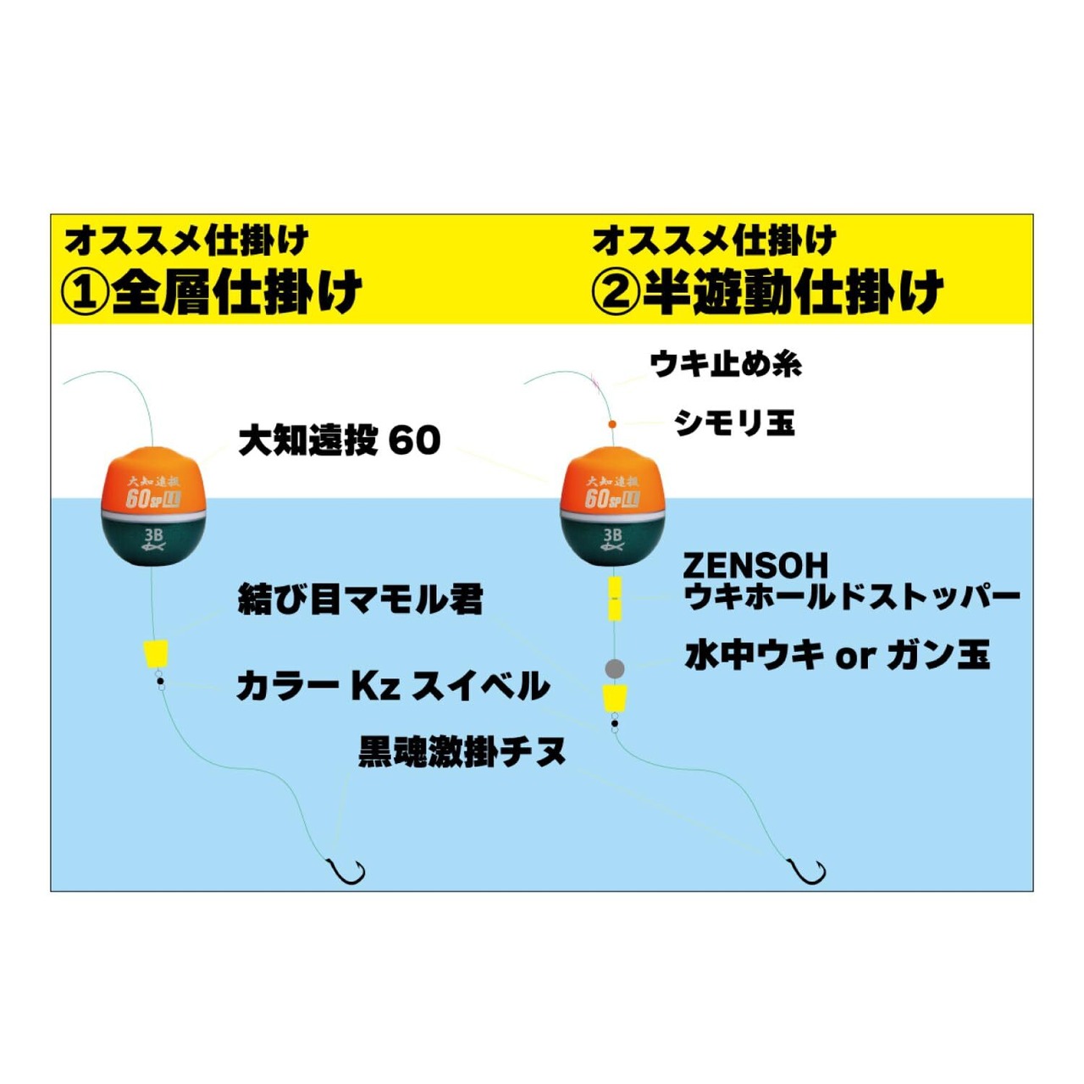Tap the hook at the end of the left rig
tap(347, 871)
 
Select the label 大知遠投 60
tap(339, 440)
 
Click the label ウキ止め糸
tap(726, 364)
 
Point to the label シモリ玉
tap(734, 422)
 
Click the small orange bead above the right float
tap(612, 423)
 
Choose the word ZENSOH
tap(755, 566)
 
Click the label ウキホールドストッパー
tap(852, 597)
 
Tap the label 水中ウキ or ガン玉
tap(837, 655)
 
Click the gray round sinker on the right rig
tap(615, 669)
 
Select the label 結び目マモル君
tap(360, 600)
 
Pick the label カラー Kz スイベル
tap(393, 686)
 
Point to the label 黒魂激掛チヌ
tap(462, 751)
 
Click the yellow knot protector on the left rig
tap(156, 654)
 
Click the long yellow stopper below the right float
tap(615, 598)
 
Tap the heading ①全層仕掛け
tap(212, 292)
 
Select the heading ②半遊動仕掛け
tap(767, 292)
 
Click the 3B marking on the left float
tap(153, 535)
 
